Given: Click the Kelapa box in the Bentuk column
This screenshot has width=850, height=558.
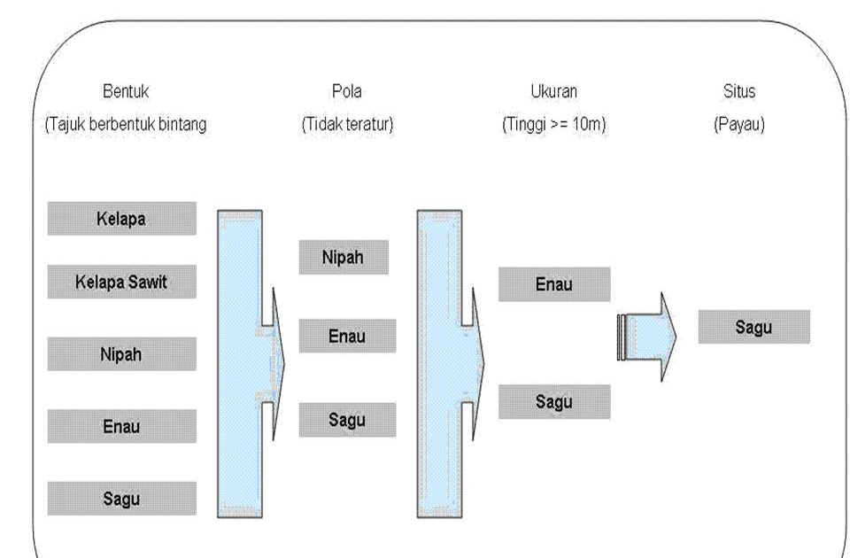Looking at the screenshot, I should (121, 219).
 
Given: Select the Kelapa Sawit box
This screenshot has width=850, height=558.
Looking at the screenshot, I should (121, 283).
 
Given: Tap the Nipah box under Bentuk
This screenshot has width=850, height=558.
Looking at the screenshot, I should (121, 353).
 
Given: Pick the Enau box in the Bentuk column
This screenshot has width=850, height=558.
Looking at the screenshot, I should (121, 426).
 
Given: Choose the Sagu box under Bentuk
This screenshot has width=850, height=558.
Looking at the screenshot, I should (121, 498).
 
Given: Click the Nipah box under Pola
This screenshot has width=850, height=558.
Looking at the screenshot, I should (346, 258).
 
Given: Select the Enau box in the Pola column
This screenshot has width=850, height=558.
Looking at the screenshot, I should (346, 337).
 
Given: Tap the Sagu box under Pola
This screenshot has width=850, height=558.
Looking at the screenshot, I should (346, 419).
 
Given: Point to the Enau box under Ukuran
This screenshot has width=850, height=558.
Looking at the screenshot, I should (553, 284).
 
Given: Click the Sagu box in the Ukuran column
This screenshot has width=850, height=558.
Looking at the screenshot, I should (553, 401).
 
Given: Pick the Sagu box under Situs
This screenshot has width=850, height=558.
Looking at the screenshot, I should (753, 327).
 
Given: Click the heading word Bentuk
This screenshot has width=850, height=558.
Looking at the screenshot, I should (125, 91).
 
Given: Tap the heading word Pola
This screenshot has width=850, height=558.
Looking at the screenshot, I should (347, 91).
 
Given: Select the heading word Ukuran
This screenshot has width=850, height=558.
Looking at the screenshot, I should (554, 91).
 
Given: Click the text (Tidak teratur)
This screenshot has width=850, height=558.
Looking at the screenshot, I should (347, 125).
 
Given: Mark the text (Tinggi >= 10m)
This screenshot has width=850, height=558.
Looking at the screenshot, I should (554, 125).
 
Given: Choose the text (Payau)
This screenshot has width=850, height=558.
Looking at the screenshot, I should (739, 125).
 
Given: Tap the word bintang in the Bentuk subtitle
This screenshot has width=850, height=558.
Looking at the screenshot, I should (184, 125).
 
